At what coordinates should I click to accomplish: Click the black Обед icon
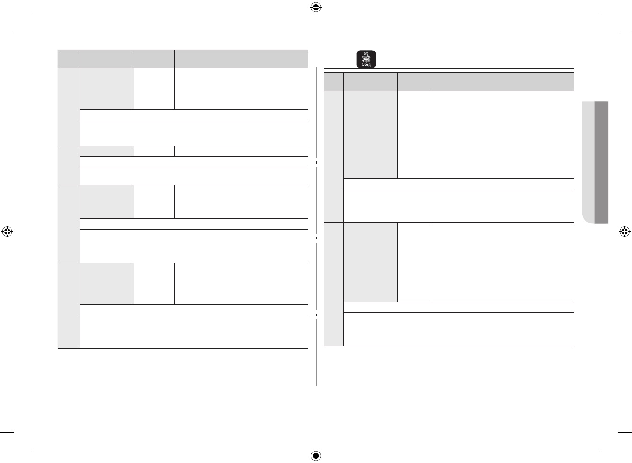[367, 58]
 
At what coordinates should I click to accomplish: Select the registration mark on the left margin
[7, 232]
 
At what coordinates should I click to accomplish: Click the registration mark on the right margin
[624, 232]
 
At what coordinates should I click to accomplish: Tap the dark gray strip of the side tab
[601, 162]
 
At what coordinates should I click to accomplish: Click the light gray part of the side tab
[587, 162]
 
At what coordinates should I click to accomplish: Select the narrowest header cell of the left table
[69, 58]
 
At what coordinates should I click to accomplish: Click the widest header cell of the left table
[241, 58]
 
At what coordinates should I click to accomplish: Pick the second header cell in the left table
[106, 58]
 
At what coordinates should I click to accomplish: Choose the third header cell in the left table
[154, 58]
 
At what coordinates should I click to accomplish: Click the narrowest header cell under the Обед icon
[333, 81]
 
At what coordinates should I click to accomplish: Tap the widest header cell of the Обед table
[502, 81]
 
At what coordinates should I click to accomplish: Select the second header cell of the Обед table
[370, 81]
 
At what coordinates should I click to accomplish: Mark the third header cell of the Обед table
[414, 81]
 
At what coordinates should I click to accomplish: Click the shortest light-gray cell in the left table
[106, 151]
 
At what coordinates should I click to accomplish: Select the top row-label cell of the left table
[69, 106]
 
